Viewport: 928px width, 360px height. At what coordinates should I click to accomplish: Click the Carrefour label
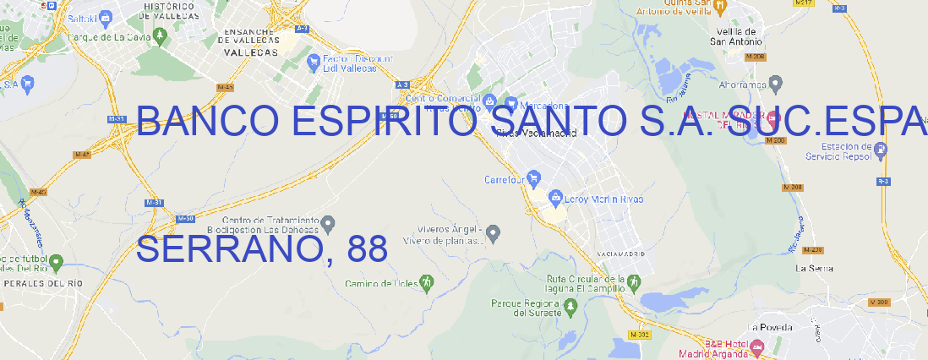(505, 179)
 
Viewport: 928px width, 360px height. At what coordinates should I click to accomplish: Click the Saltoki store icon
(105, 16)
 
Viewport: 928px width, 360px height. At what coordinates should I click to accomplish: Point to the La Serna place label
(814, 268)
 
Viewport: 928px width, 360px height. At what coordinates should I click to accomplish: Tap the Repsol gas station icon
(882, 149)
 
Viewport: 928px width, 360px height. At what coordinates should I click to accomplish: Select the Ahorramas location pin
(776, 83)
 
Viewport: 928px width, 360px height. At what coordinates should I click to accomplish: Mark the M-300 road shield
(880, 302)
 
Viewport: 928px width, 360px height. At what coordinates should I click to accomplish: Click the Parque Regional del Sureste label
(526, 308)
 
